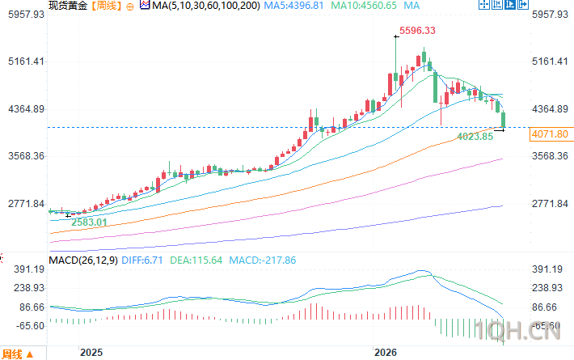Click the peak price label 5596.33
point(417,31)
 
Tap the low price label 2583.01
point(89,222)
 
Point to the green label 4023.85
point(475,137)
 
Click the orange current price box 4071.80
point(550,134)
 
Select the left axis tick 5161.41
point(26,61)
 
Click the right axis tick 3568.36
point(550,156)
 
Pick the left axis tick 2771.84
point(26,204)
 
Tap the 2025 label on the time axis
point(91,352)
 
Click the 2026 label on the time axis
point(385,352)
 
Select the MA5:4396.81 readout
point(293,6)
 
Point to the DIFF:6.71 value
point(142,260)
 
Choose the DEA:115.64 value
point(196,260)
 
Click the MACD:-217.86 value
point(263,260)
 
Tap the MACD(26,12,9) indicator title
point(83,260)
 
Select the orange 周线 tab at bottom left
point(11,354)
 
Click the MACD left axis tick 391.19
point(29,269)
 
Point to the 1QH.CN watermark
point(517,330)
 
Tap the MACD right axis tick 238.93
point(547,288)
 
